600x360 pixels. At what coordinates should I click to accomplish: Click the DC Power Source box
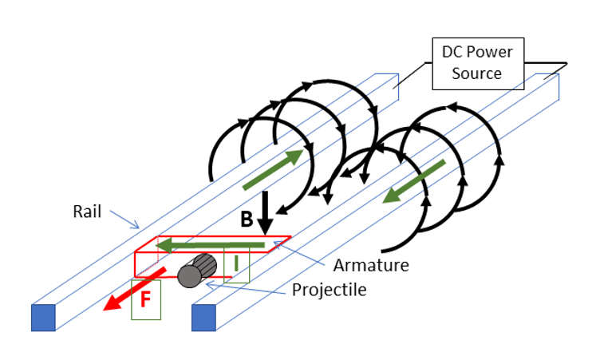[x=477, y=62]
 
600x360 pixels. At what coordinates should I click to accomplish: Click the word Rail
[x=87, y=212]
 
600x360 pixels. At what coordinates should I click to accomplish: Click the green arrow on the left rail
[x=274, y=169]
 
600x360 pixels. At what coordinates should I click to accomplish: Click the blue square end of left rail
[x=43, y=317]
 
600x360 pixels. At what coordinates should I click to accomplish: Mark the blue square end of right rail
[x=205, y=317]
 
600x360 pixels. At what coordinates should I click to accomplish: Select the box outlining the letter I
[x=237, y=265]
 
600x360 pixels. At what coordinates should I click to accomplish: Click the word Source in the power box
[x=478, y=73]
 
